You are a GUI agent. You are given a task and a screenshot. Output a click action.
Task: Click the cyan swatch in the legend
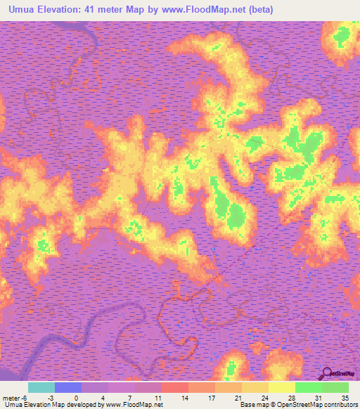click(41, 387)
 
